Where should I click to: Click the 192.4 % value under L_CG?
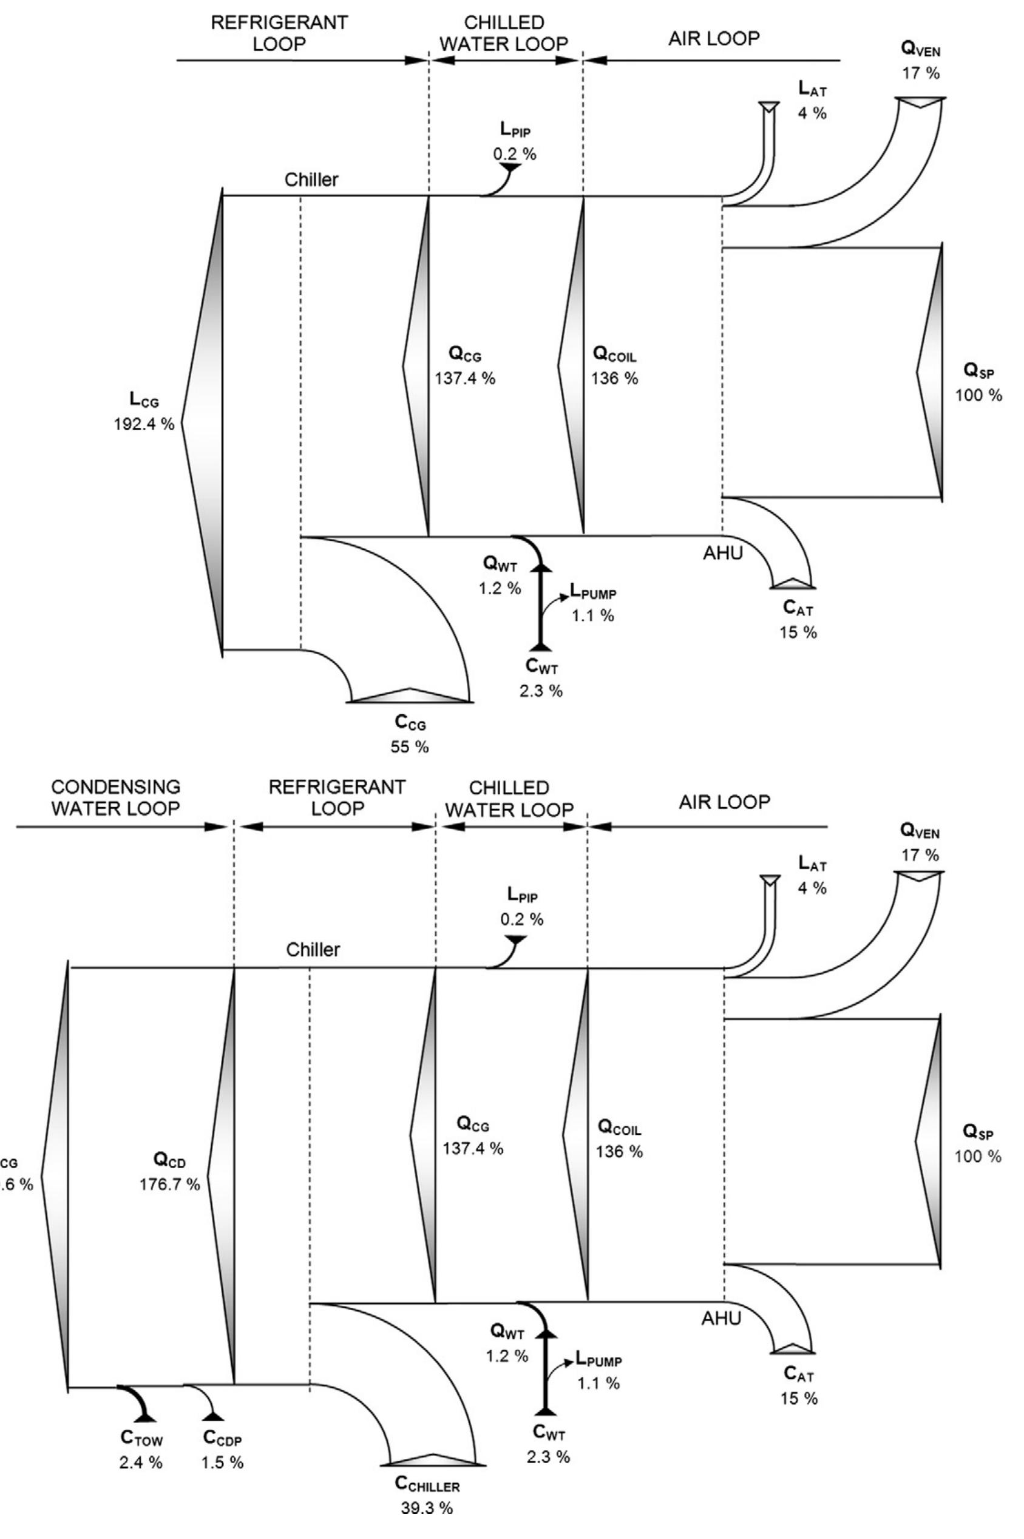coord(144,424)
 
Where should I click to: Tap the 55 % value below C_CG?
coord(410,746)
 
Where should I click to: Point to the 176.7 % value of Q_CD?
coord(170,1184)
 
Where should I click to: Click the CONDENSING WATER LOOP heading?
coord(115,797)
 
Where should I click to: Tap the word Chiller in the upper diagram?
coord(311,180)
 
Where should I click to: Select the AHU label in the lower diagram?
coord(722,1318)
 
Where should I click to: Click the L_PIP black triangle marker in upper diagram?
coord(509,168)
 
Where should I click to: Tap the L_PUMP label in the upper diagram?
coord(593,593)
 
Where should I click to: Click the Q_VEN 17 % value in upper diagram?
coord(921,73)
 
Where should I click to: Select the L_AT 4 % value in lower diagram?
coord(812,888)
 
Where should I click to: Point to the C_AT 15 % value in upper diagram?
coord(798,632)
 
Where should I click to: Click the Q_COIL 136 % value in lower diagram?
coord(619,1151)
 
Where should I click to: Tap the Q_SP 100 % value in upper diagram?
coord(978,395)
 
